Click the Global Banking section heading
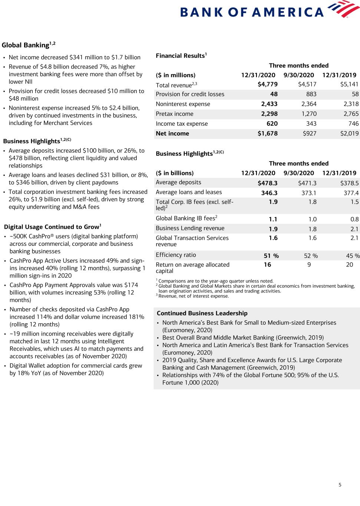tap(29, 45)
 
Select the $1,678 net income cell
tap(267, 133)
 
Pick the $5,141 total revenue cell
tap(349, 85)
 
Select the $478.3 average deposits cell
tap(267, 183)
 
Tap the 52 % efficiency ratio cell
tap(311, 256)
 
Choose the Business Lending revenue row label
tap(190, 228)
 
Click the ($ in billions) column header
tap(175, 173)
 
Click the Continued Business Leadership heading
tap(202, 313)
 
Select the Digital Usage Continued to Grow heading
tap(53, 227)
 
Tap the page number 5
tap(340, 484)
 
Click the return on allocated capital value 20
tap(349, 265)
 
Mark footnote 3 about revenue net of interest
tap(192, 296)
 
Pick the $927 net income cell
tap(310, 133)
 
